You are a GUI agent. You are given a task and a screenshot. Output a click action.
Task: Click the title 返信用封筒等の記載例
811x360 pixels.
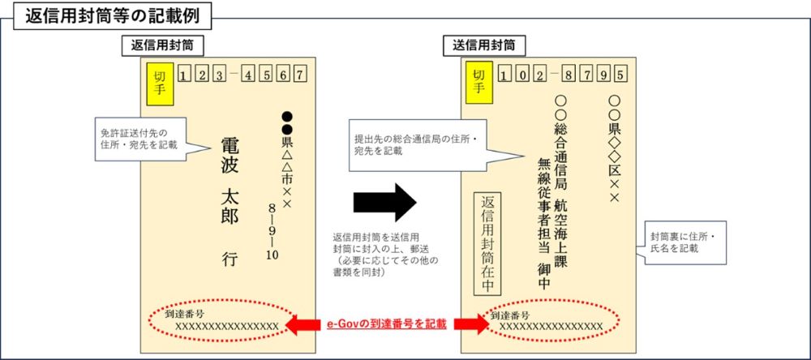[x=113, y=16]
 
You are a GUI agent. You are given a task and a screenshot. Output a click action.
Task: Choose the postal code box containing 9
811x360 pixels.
[x=603, y=76]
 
